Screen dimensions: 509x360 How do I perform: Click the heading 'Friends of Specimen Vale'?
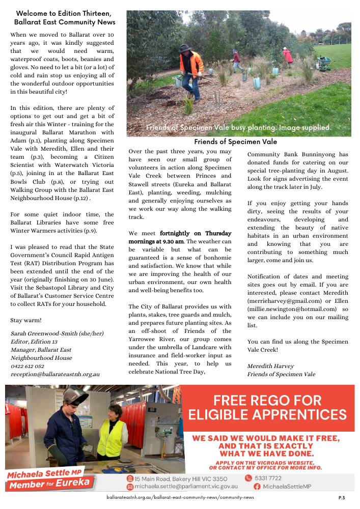coord(236,142)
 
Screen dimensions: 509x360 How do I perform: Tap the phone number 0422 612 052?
coord(27,366)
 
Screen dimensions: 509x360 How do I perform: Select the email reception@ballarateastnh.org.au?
coord(55,374)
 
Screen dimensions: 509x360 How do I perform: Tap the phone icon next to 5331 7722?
coord(248,478)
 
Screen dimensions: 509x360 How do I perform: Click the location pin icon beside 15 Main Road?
coord(130,479)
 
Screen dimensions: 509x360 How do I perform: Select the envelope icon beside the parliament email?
coord(130,487)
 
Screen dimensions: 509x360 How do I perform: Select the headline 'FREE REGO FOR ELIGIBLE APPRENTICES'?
coord(267,407)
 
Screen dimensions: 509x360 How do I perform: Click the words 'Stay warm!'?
coord(26,321)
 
